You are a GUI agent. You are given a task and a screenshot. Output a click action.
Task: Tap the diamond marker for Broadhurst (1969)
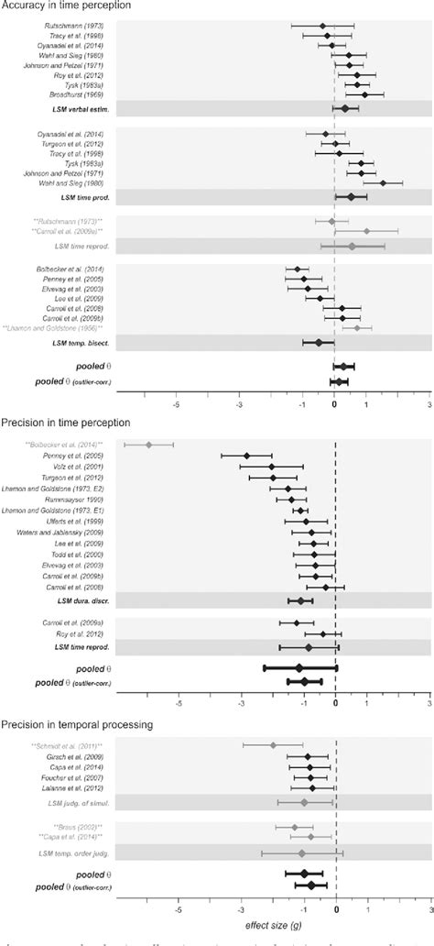pyautogui.click(x=364, y=94)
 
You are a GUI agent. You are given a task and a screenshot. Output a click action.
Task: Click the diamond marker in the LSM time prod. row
pyautogui.click(x=351, y=196)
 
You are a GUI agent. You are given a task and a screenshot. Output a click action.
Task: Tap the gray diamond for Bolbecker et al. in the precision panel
pyautogui.click(x=149, y=445)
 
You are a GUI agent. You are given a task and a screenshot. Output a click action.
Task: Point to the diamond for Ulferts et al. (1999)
pyautogui.click(x=306, y=522)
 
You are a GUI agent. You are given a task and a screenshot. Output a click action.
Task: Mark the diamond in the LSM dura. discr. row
pyautogui.click(x=299, y=601)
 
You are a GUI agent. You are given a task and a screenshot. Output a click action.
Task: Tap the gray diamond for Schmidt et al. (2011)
pyautogui.click(x=273, y=745)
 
